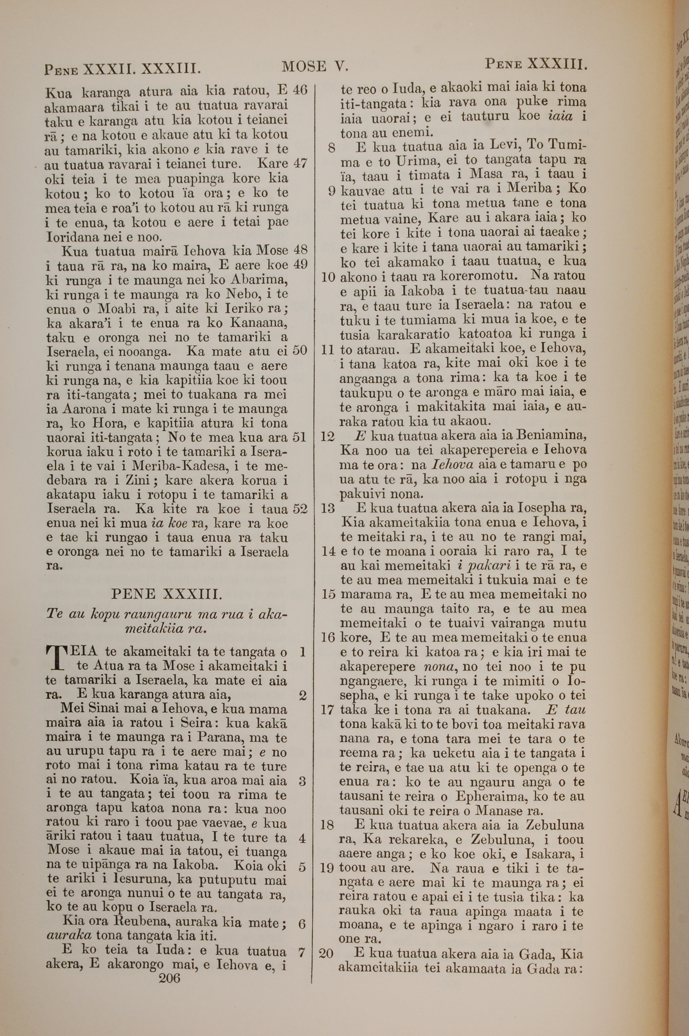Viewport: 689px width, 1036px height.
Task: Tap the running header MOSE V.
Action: pos(315,66)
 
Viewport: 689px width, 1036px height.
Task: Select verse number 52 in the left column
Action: pos(300,509)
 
